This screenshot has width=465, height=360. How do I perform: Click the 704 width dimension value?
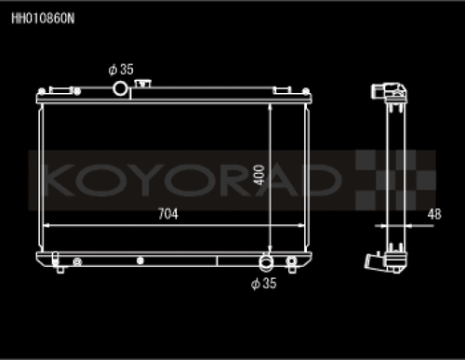point(167,213)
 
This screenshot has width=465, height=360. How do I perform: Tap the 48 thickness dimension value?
point(434,213)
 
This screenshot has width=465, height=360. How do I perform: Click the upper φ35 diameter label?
point(121,69)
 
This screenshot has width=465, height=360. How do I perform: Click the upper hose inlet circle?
point(121,87)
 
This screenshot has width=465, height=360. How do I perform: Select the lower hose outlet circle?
point(267,260)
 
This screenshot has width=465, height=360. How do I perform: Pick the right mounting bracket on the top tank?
point(294,89)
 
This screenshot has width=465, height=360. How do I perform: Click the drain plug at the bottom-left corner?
point(60,268)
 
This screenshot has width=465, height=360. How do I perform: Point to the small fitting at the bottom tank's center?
point(140,261)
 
